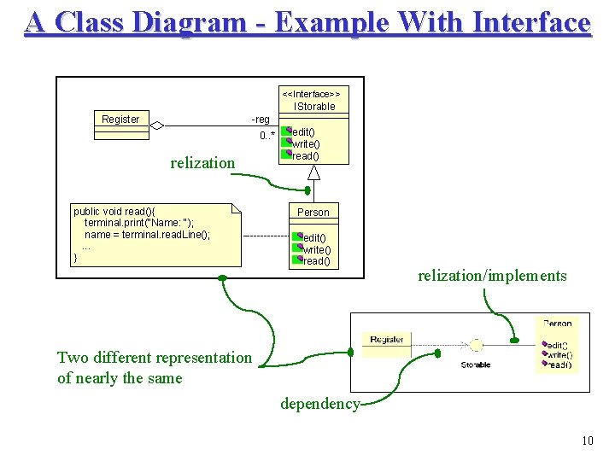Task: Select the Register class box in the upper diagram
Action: [x=120, y=120]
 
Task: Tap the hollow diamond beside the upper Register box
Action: [x=156, y=125]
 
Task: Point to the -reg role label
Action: [x=260, y=120]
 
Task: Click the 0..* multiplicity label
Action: [x=267, y=136]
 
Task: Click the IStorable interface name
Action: [x=314, y=107]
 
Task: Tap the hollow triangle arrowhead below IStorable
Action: [x=313, y=173]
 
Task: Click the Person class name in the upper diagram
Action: [x=313, y=213]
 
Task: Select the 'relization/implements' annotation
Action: [x=491, y=276]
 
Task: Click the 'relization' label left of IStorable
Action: [x=202, y=163]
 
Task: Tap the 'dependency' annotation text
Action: [x=319, y=404]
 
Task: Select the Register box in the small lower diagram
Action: [x=387, y=340]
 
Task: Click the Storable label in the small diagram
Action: [x=476, y=365]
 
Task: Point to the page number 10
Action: [x=587, y=441]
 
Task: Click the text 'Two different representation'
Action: [x=155, y=358]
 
